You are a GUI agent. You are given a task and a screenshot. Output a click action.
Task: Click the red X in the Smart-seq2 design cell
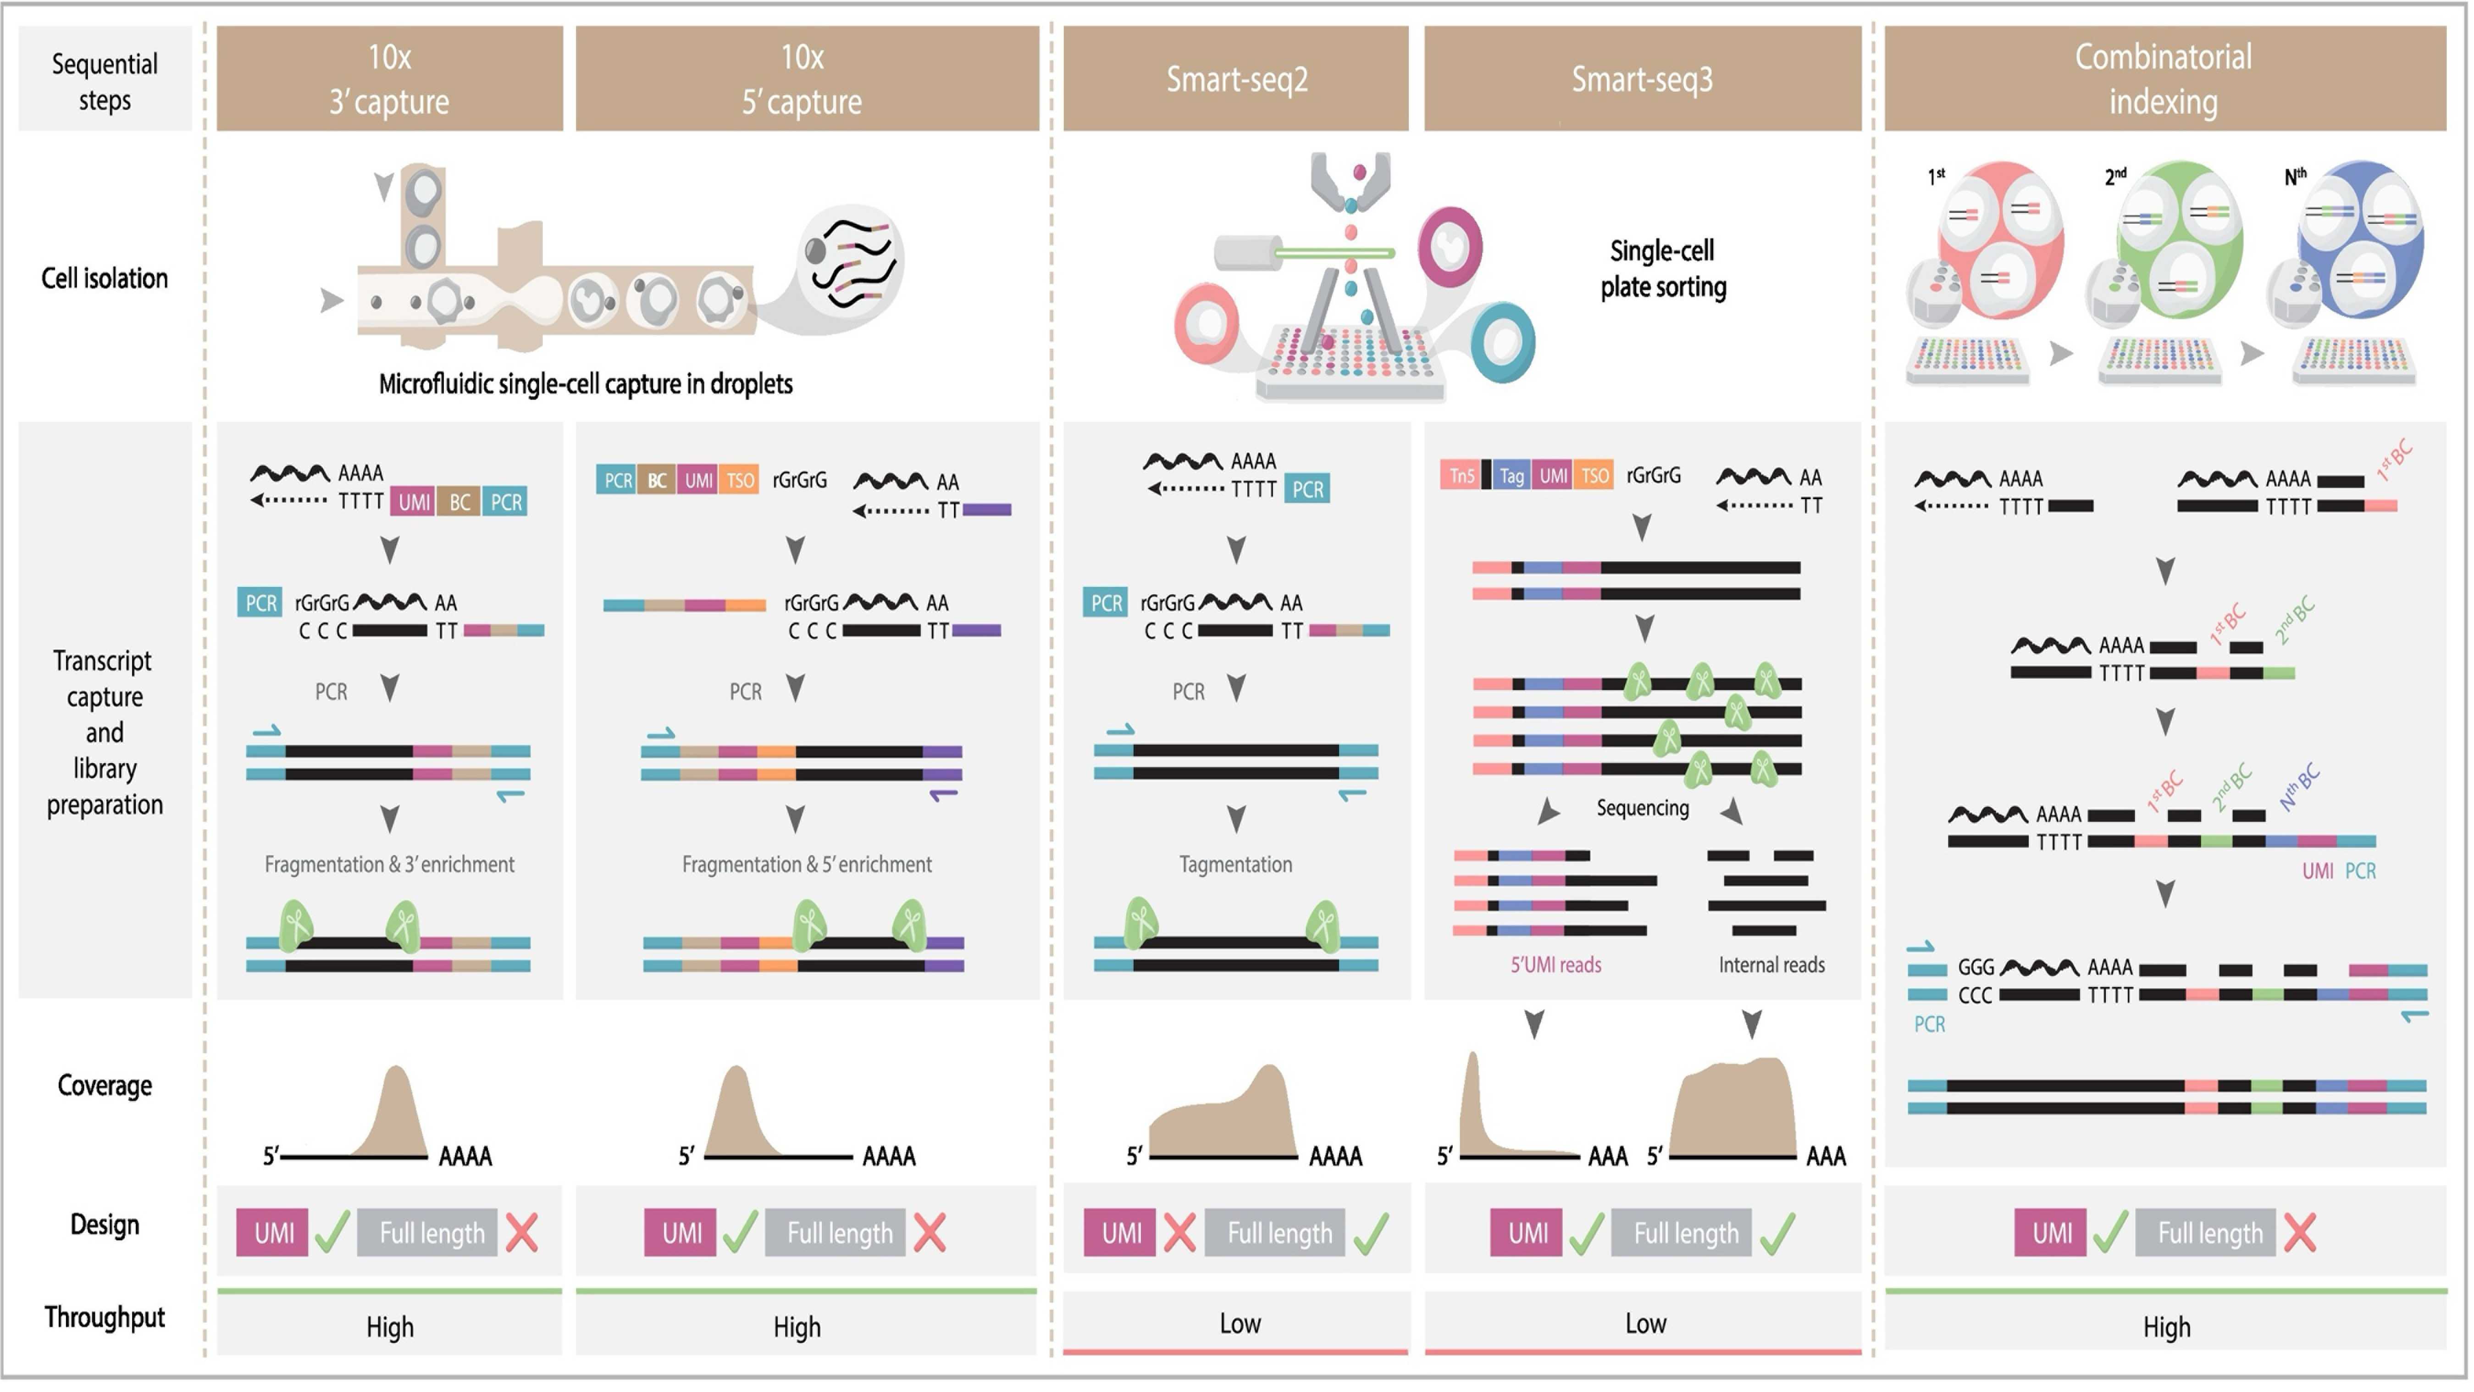pos(1179,1232)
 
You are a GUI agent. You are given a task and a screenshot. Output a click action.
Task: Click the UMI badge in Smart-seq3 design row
pos(1527,1232)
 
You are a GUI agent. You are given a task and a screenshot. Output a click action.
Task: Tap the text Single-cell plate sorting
pos(1662,269)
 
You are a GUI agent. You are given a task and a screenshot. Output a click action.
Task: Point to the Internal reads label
pos(1771,965)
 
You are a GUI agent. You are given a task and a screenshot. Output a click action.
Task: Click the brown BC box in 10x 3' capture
pos(460,501)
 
